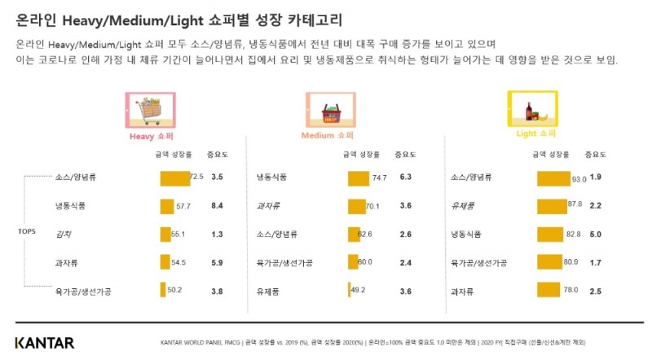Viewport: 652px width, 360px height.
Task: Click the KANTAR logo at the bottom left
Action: [x=45, y=342]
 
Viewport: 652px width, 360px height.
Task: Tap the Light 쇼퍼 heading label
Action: [x=535, y=133]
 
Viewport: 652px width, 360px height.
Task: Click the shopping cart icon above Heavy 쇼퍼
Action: [x=150, y=109]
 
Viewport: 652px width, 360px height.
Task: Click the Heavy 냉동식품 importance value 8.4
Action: [x=217, y=206]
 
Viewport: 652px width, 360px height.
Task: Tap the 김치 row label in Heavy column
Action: [x=62, y=234]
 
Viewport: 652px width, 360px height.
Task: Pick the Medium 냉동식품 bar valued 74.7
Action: [x=358, y=177]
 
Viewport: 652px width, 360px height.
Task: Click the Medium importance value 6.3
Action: [x=406, y=177]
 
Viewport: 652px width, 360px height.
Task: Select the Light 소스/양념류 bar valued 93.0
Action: [x=553, y=177]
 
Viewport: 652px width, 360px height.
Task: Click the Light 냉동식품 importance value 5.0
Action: [x=595, y=234]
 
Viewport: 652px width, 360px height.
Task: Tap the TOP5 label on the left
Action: [x=26, y=231]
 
